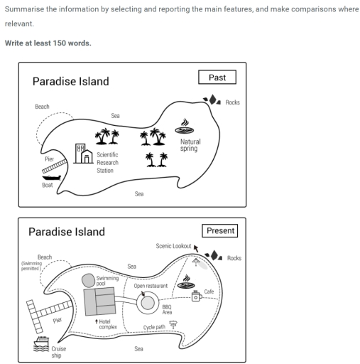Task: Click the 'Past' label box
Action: [217, 77]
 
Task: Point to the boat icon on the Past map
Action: [48, 178]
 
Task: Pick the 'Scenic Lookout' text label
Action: [173, 246]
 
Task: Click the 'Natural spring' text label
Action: [190, 146]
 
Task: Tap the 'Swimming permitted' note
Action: [31, 265]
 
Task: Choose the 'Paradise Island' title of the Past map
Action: [70, 81]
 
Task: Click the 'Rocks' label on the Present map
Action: [234, 258]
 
